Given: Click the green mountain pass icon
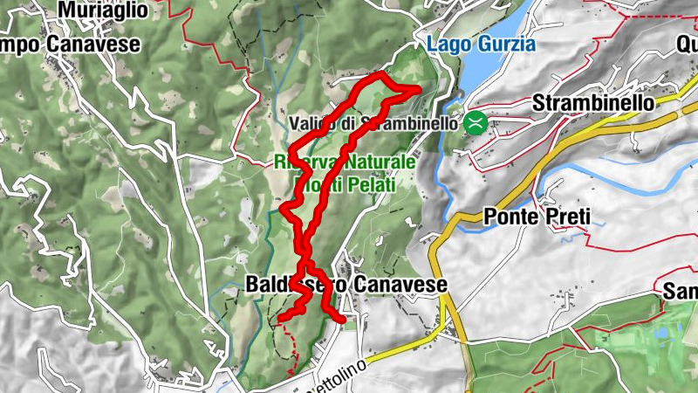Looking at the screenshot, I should (476, 122).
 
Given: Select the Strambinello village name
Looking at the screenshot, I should (592, 103).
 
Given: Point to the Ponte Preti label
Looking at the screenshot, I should (535, 218).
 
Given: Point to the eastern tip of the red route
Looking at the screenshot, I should (420, 88).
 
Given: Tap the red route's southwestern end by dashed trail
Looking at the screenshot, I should (280, 318).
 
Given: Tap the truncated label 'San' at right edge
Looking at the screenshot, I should (681, 290).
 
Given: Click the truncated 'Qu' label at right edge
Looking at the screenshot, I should (685, 45).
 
